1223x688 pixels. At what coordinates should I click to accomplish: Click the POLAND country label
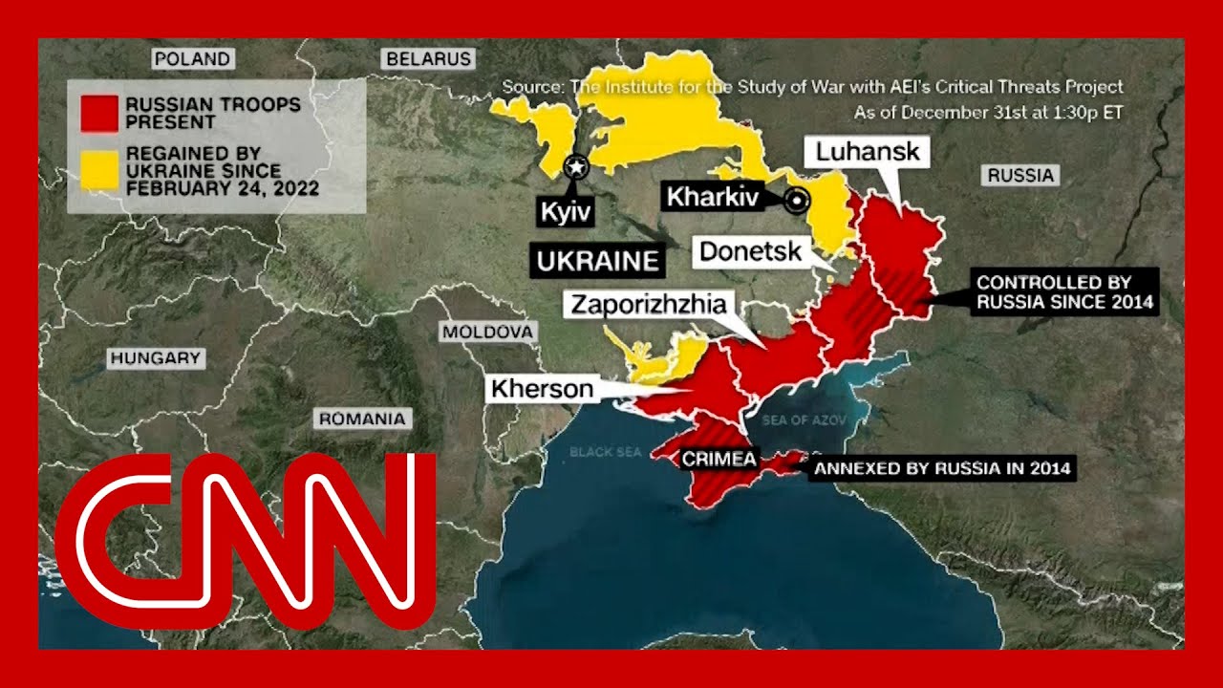click(x=192, y=59)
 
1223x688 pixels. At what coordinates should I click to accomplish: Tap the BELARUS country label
click(x=429, y=59)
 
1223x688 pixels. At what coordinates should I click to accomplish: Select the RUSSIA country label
click(x=1021, y=175)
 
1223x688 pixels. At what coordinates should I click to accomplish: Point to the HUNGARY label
click(x=156, y=359)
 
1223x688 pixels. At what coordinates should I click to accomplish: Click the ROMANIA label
click(x=362, y=419)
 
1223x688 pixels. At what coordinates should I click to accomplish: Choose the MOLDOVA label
click(x=485, y=333)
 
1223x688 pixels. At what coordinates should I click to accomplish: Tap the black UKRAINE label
click(x=598, y=261)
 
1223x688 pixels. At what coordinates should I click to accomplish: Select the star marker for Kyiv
click(x=576, y=167)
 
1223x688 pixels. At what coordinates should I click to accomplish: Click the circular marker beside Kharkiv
click(x=795, y=201)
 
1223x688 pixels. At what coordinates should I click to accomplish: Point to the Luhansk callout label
click(x=869, y=152)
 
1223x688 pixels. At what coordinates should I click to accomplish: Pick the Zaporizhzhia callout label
click(x=649, y=305)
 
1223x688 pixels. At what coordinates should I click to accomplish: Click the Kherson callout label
click(x=542, y=389)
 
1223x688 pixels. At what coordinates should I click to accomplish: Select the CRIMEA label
click(x=719, y=460)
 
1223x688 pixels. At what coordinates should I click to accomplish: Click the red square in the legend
click(x=99, y=113)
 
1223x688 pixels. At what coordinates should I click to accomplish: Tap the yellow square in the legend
click(x=99, y=169)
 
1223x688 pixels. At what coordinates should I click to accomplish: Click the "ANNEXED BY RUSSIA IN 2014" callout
click(x=942, y=468)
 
